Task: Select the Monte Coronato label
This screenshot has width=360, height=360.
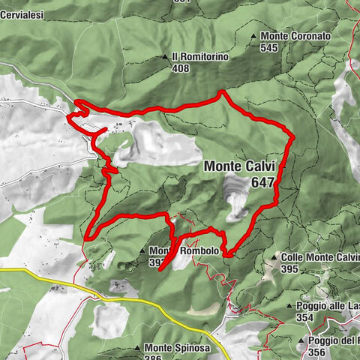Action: point(295,35)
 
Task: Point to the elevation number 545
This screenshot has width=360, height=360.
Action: point(270,47)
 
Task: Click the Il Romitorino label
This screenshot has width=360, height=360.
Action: point(199,56)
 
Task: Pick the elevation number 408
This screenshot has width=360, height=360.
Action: point(180,68)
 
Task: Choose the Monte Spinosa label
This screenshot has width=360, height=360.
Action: point(177,348)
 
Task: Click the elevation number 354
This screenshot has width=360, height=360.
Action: point(304,317)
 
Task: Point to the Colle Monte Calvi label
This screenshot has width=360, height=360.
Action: point(319,256)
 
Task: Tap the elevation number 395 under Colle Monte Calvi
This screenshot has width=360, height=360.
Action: point(290,268)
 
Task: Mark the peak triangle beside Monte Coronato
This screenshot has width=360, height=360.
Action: point(253,36)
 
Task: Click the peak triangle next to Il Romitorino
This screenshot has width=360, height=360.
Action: point(165,57)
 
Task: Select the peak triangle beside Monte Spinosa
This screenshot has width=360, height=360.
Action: point(137,348)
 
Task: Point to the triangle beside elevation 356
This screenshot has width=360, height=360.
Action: point(300,342)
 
